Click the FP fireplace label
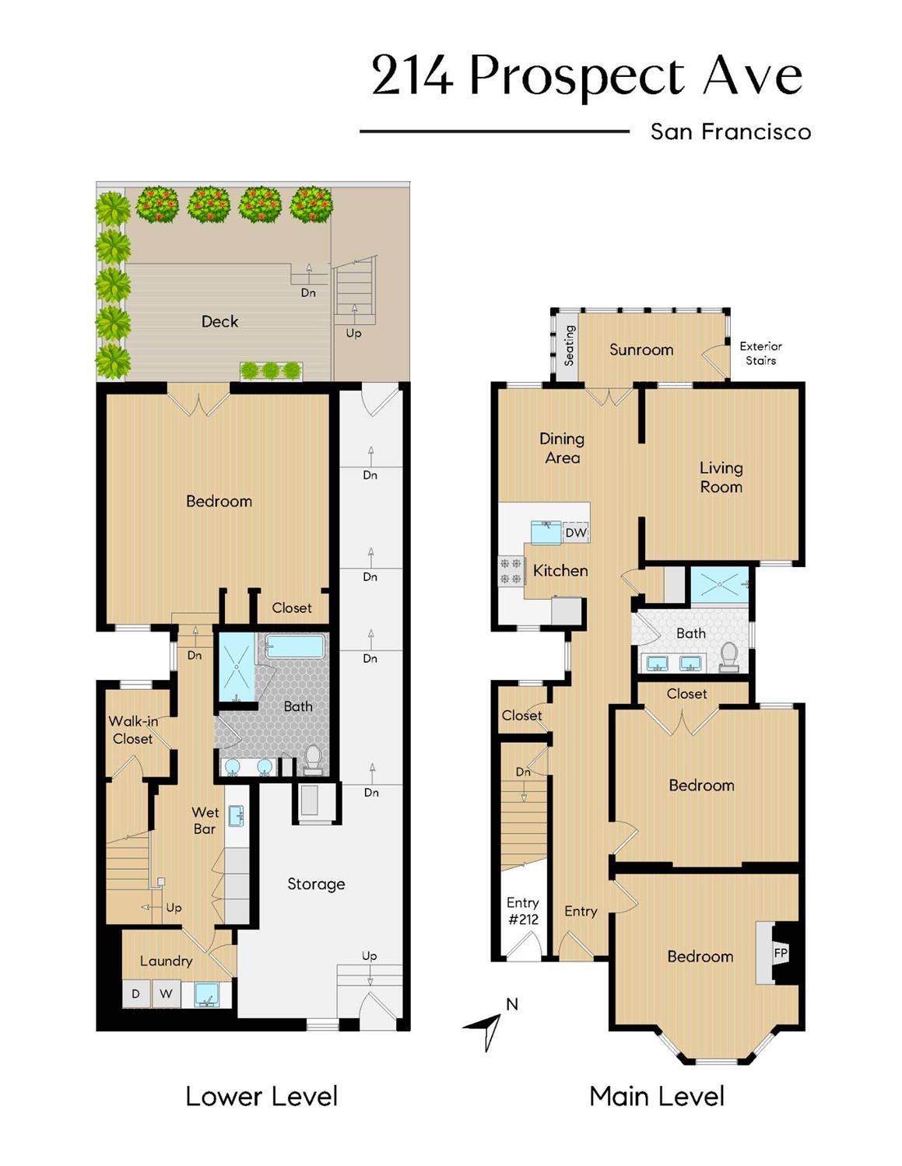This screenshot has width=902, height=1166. point(779,953)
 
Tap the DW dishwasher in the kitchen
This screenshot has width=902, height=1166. point(576,533)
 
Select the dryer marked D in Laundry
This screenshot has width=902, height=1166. point(135,994)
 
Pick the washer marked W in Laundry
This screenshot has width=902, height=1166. point(166,994)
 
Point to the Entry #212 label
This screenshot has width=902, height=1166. point(523,911)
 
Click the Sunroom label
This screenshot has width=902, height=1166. point(641,350)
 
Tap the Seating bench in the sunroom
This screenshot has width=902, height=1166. point(569,345)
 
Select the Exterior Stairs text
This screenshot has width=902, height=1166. point(760,353)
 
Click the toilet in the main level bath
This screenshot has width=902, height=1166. point(729,657)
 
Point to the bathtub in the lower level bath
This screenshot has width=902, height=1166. point(295,646)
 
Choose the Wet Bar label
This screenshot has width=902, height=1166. point(205,821)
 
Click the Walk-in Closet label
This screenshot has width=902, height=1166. point(133,730)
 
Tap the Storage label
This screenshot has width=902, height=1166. point(316,884)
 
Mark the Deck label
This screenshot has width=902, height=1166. point(219,321)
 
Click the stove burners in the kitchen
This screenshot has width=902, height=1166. point(511,570)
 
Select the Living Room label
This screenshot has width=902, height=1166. point(721,478)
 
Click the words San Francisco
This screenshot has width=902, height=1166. point(730,131)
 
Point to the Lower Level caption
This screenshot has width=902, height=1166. point(261,1097)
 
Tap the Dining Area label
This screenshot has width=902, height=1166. point(562,449)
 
